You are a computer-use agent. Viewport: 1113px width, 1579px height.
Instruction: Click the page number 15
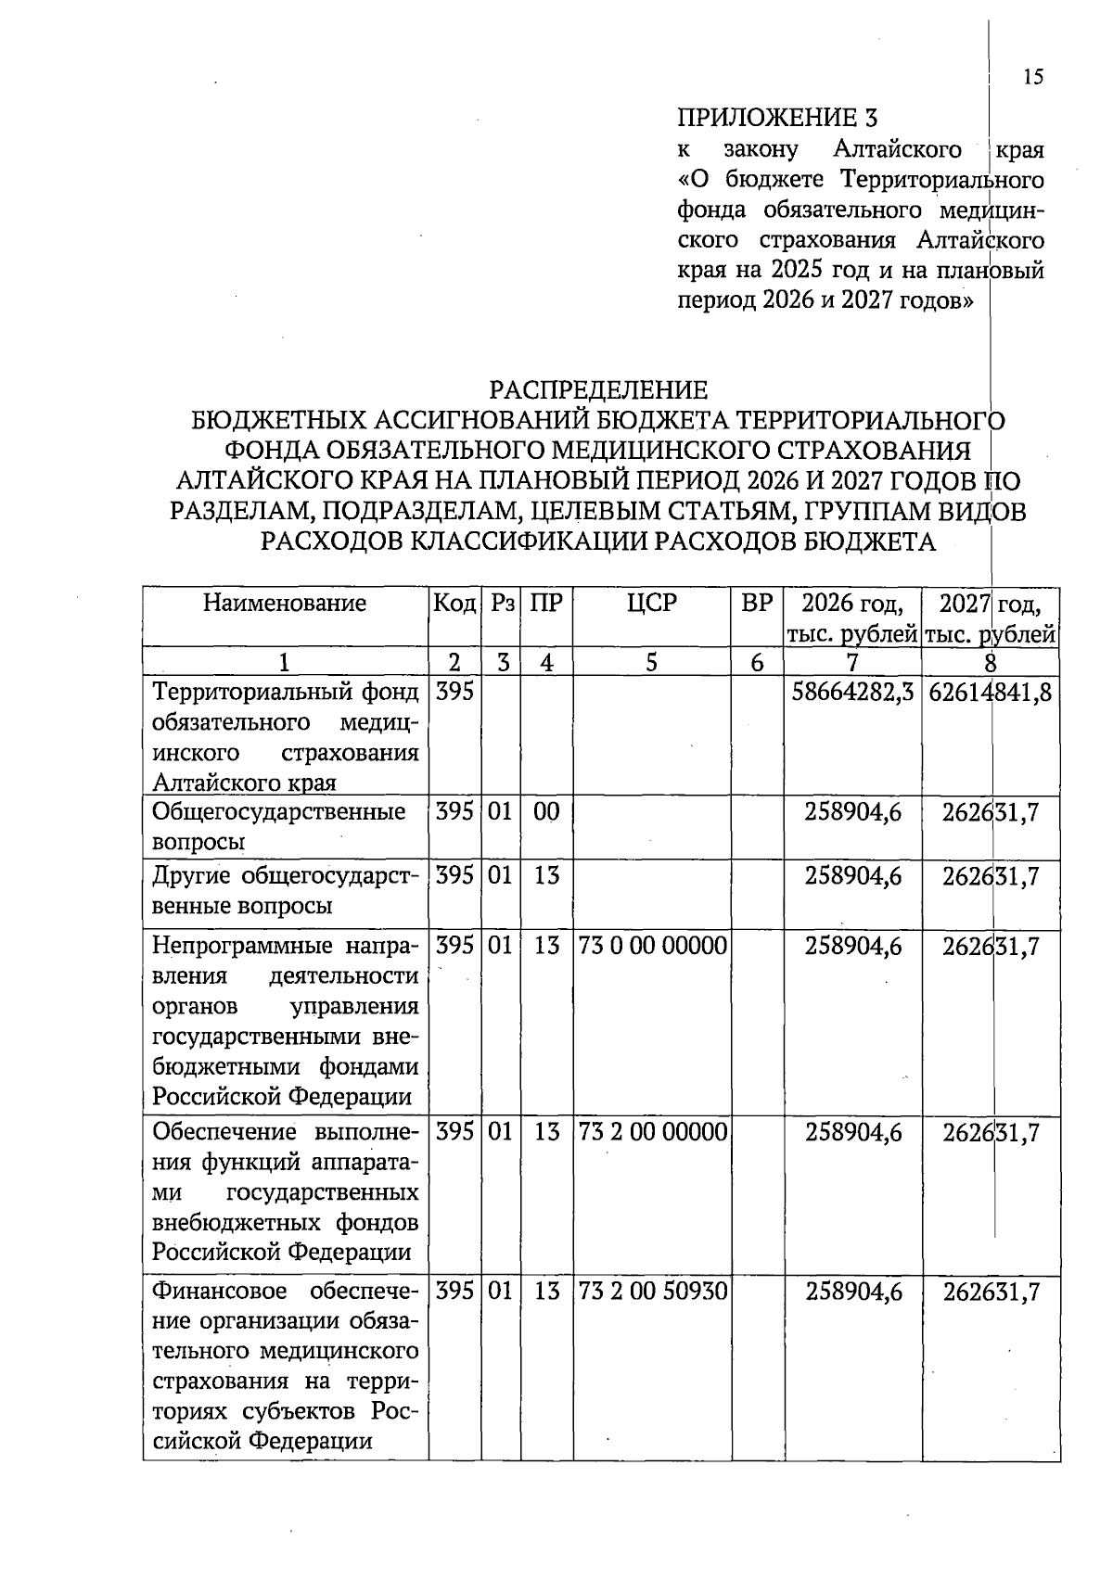(1033, 77)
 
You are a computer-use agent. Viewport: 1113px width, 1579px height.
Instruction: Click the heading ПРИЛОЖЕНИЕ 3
(777, 118)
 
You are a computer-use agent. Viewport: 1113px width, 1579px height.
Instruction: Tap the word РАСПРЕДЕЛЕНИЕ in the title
(598, 389)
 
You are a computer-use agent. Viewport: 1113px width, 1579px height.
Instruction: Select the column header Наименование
(285, 604)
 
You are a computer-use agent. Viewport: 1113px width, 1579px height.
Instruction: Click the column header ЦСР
(651, 604)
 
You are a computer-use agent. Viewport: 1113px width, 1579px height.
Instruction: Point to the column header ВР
(757, 604)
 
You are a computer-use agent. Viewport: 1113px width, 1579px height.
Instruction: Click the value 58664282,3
(852, 692)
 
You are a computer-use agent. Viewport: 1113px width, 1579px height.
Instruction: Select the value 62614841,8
(990, 692)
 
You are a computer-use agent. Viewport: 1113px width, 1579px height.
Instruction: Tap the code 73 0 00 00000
(652, 946)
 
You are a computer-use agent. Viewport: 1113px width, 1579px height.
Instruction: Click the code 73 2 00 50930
(652, 1292)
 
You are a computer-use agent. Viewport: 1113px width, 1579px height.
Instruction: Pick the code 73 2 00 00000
(652, 1131)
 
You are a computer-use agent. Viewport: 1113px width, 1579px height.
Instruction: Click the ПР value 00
(546, 812)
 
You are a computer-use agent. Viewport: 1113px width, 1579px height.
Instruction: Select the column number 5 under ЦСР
(651, 662)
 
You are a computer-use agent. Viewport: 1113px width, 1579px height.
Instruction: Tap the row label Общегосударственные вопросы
(278, 826)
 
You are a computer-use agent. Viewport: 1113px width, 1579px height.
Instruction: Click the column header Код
(454, 604)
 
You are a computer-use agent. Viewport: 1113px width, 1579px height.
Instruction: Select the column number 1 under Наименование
(285, 662)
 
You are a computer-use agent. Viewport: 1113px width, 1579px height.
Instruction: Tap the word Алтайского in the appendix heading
(897, 149)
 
